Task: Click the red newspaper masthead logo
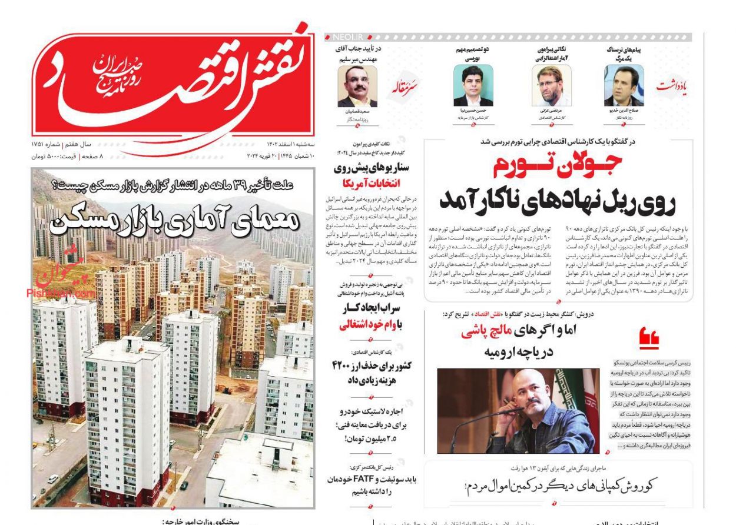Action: click(x=171, y=82)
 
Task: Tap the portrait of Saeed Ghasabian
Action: click(x=357, y=86)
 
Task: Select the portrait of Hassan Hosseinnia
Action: click(x=473, y=86)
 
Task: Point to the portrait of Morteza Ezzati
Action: click(x=551, y=86)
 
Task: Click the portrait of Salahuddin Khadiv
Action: click(x=624, y=86)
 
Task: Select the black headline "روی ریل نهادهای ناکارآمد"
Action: click(x=556, y=200)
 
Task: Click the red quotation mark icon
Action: click(x=649, y=338)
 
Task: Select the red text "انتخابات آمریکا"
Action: click(x=372, y=182)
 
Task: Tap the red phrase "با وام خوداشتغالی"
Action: click(x=370, y=324)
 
